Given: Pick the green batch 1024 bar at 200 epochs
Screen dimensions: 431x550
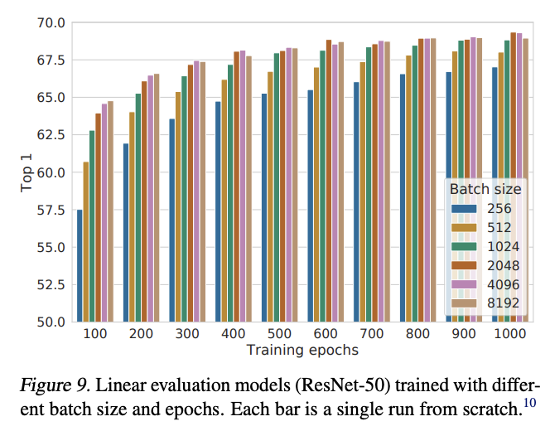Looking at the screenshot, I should (138, 207).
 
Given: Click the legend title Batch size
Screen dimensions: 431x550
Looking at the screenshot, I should (485, 189).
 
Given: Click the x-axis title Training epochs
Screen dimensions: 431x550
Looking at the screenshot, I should (302, 351).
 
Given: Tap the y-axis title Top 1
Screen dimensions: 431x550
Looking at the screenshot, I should (27, 173).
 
